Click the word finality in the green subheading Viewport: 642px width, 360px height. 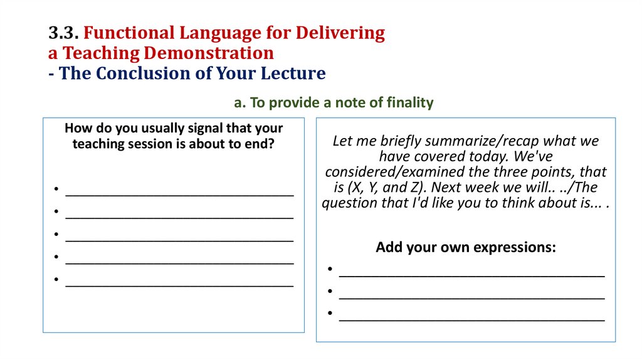pyautogui.click(x=409, y=103)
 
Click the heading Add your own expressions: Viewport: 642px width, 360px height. pyautogui.click(x=466, y=247)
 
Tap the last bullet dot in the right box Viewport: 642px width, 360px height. pyautogui.click(x=329, y=314)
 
